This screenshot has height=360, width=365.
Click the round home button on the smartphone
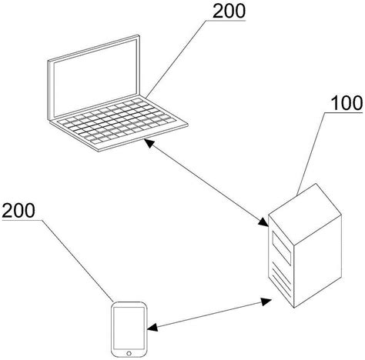pyautogui.click(x=129, y=351)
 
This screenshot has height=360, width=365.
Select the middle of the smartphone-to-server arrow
pyautogui.click(x=208, y=315)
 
